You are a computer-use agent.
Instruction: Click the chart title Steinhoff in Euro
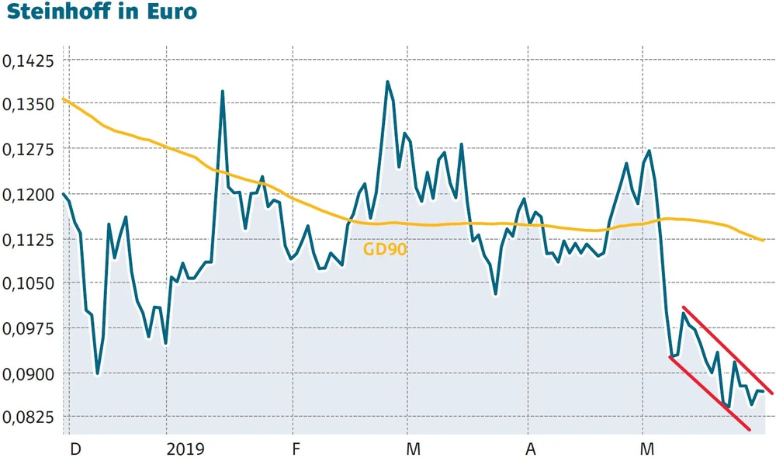(99, 13)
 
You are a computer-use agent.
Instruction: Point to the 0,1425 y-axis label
(27, 61)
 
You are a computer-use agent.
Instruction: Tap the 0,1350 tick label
(27, 105)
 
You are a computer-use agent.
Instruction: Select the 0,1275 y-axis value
(27, 150)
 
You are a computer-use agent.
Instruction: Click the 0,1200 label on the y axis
(27, 195)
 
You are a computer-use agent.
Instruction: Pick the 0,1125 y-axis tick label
(27, 240)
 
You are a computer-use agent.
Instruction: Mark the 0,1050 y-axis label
(27, 284)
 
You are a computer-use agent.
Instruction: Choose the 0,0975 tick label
(27, 329)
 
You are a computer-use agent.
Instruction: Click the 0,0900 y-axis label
(27, 374)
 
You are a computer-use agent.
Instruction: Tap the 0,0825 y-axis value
(27, 418)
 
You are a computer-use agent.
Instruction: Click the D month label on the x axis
(75, 449)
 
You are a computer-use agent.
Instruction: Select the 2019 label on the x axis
(185, 449)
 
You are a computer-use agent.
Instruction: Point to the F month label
(295, 449)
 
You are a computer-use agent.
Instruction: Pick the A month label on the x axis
(531, 449)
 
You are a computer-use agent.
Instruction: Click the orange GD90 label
(385, 249)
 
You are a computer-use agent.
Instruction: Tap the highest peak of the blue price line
(387, 81)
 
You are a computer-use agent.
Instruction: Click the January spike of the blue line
(223, 92)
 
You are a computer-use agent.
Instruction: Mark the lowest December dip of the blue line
(97, 373)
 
